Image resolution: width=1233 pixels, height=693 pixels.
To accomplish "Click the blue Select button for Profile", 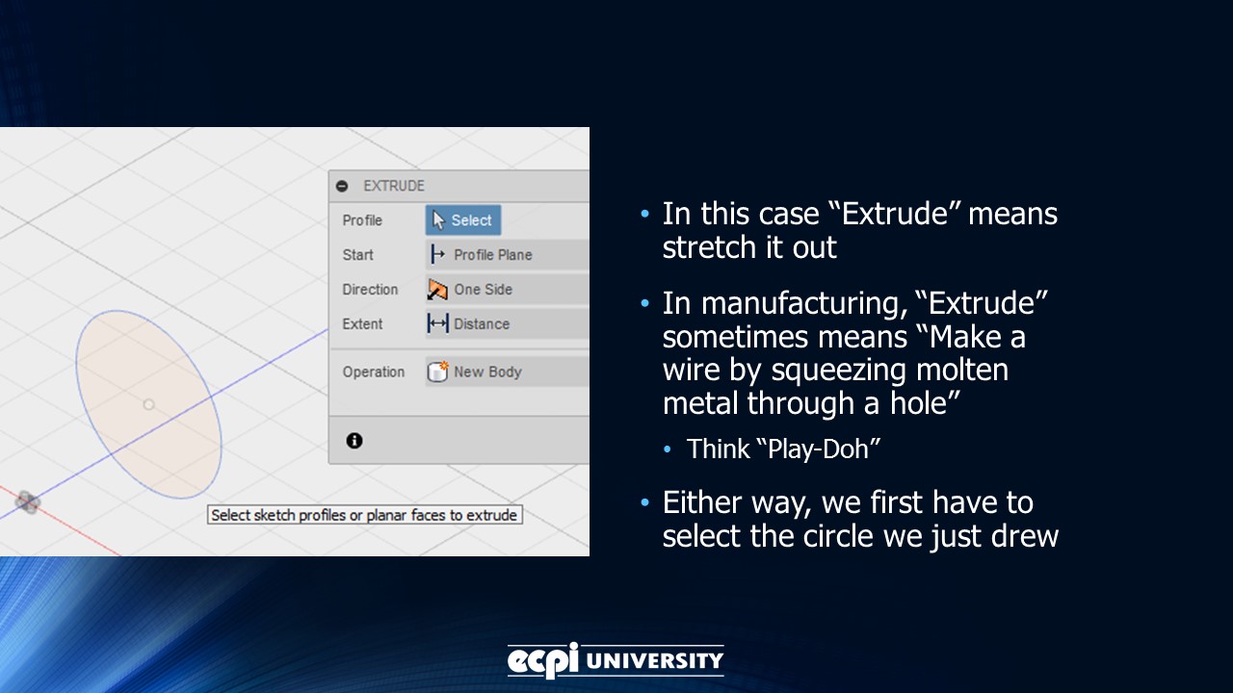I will click(x=463, y=220).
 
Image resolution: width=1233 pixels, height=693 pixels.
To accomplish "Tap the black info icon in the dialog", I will click(x=354, y=441).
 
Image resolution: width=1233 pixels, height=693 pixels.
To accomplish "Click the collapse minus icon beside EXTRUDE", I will click(x=342, y=186).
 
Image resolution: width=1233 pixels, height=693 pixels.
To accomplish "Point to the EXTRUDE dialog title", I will click(x=394, y=186).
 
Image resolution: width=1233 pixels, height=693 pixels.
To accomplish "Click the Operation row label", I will click(x=374, y=372).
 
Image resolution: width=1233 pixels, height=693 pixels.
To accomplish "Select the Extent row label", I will click(x=362, y=324).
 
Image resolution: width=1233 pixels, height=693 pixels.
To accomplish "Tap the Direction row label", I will click(x=370, y=290).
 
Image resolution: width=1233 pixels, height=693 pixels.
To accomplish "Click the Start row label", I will click(x=357, y=255).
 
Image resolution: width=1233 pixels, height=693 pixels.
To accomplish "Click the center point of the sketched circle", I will click(x=148, y=404).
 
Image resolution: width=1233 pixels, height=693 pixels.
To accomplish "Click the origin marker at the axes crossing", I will click(x=27, y=501).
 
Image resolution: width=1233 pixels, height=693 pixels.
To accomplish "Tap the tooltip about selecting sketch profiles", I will click(x=364, y=515).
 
